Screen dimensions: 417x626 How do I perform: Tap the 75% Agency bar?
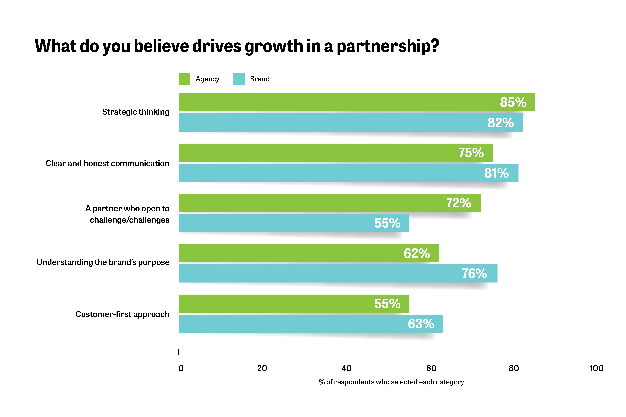tap(319, 153)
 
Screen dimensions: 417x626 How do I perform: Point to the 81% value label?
tap(496, 173)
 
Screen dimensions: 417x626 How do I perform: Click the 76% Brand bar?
tap(319, 273)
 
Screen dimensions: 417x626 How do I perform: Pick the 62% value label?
tap(417, 253)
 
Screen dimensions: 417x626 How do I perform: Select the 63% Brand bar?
tap(292, 324)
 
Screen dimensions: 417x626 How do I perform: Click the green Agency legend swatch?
tap(184, 79)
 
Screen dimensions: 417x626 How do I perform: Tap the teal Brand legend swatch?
tap(238, 79)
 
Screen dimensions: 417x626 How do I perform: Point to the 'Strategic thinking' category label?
tap(136, 112)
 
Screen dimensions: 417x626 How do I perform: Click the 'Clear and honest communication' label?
tap(107, 163)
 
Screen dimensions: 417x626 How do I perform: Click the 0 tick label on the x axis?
tap(181, 368)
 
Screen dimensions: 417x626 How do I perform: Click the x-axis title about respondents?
tap(391, 382)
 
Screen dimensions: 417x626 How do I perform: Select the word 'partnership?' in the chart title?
tap(388, 47)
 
